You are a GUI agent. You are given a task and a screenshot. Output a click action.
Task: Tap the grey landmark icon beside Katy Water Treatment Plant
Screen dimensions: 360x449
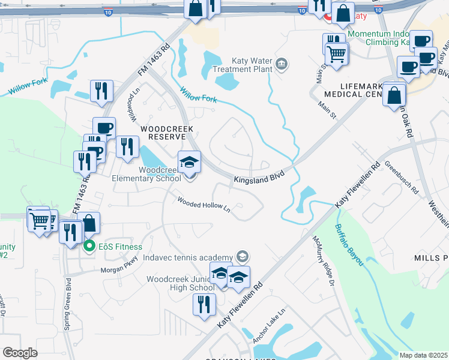[x=282, y=64]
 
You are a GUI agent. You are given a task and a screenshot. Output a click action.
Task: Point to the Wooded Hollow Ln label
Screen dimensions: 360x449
[x=203, y=205]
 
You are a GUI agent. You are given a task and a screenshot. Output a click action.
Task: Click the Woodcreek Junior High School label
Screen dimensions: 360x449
[x=180, y=283]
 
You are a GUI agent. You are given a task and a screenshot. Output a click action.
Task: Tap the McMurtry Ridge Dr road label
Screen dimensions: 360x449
[x=322, y=259]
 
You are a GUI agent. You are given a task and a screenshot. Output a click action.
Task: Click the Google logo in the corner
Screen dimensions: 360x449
[x=20, y=352]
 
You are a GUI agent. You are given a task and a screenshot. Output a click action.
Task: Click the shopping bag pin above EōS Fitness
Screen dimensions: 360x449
[x=89, y=224]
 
